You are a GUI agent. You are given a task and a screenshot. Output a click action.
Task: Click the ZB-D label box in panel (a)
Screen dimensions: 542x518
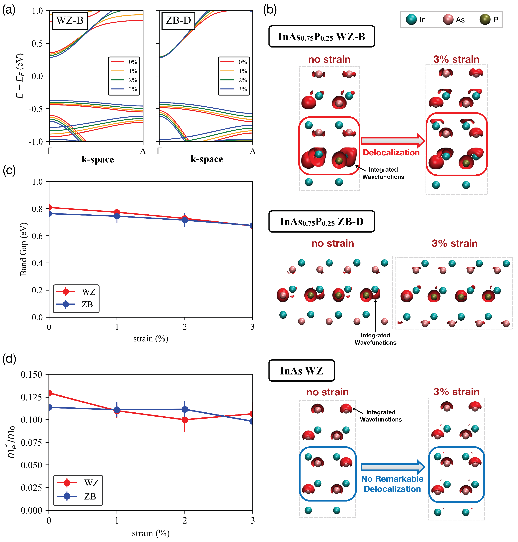tap(178, 20)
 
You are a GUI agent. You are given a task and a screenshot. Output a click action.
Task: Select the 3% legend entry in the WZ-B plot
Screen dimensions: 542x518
tap(124, 89)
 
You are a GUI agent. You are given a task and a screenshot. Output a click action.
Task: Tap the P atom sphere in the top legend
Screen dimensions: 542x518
tap(485, 20)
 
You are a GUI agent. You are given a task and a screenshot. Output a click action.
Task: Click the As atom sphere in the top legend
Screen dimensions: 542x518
tap(448, 20)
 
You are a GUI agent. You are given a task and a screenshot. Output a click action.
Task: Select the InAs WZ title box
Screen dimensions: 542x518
tap(301, 371)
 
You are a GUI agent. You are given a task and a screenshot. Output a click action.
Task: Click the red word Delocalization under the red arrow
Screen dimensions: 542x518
tap(391, 153)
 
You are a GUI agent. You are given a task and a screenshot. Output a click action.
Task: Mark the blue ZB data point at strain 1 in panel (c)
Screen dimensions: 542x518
tap(117, 216)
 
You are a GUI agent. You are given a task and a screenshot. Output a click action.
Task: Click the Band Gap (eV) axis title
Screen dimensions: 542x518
tap(24, 249)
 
